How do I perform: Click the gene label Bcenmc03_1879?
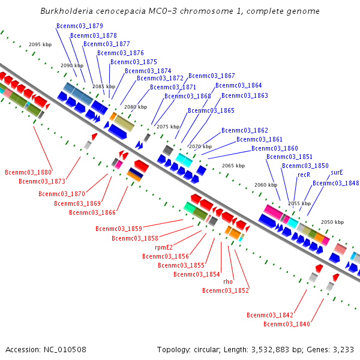click(79, 26)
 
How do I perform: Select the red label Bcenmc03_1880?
click(28, 173)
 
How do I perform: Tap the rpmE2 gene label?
click(164, 247)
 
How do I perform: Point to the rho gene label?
click(228, 281)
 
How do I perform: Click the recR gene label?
click(304, 175)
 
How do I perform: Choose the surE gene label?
click(337, 172)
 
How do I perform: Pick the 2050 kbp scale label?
click(332, 222)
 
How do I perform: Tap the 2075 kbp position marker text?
click(168, 127)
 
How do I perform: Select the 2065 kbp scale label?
click(233, 166)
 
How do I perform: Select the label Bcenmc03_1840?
click(287, 324)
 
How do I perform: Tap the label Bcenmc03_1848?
click(336, 184)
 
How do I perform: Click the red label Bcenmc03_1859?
click(119, 229)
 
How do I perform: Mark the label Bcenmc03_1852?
click(226, 290)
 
